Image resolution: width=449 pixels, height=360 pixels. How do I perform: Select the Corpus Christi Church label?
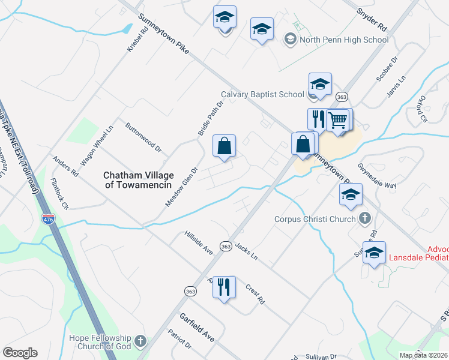tap(315, 219)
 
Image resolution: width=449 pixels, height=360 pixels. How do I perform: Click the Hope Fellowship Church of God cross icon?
tap(140, 341)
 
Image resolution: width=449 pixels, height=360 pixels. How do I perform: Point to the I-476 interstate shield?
tap(48, 219)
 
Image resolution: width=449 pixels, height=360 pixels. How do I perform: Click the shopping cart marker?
tap(338, 120)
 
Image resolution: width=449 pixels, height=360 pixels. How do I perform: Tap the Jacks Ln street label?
tap(246, 251)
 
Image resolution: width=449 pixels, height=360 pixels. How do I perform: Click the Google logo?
tap(20, 353)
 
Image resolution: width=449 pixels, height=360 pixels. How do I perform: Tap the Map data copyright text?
tap(424, 355)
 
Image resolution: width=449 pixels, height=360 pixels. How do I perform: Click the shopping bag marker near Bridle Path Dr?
tap(224, 146)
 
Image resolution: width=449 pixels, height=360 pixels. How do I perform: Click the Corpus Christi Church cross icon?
tap(364, 219)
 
